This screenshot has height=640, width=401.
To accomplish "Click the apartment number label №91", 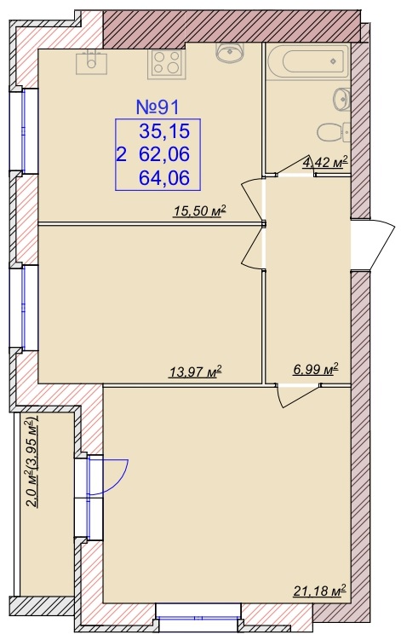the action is pyautogui.click(x=157, y=107).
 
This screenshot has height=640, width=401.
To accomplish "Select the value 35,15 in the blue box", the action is pyautogui.click(x=164, y=131).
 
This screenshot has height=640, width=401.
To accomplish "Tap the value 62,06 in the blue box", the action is pyautogui.click(x=164, y=154).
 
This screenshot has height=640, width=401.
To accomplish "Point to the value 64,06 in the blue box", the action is pyautogui.click(x=164, y=177).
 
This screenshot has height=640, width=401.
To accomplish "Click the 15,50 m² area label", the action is pyautogui.click(x=199, y=211).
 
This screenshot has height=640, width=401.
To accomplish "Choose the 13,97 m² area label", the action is pyautogui.click(x=195, y=372).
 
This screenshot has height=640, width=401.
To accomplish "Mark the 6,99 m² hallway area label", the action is pyautogui.click(x=316, y=369).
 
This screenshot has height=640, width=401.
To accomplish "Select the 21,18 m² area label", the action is pyautogui.click(x=319, y=590).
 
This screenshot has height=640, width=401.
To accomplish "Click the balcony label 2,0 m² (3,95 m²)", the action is pyautogui.click(x=32, y=461).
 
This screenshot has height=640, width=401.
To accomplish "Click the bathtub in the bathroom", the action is pyautogui.click(x=308, y=62).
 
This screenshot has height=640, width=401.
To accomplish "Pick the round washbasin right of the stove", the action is pyautogui.click(x=230, y=52).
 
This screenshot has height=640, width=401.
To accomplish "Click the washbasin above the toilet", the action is pyautogui.click(x=342, y=99).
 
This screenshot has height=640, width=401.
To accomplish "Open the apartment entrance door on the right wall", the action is pyautogui.click(x=372, y=244).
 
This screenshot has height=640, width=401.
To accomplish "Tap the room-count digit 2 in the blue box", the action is pyautogui.click(x=121, y=155).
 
